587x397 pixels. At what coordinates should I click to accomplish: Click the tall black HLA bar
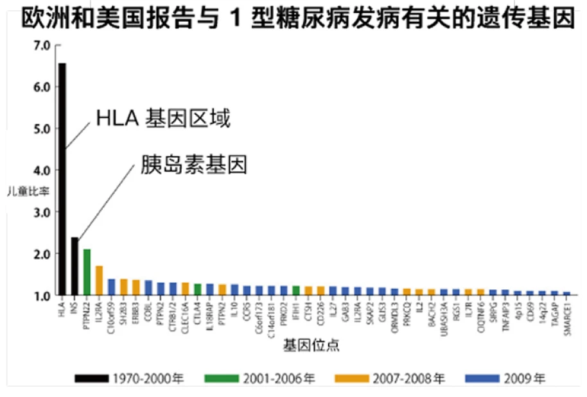click(x=62, y=180)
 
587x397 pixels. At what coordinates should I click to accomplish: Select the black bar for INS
click(x=74, y=266)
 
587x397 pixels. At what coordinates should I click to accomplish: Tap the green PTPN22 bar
click(x=87, y=272)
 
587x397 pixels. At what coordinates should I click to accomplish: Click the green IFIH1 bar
click(x=295, y=290)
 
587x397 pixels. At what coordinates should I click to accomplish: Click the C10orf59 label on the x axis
click(x=111, y=315)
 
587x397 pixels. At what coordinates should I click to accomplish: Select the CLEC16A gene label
click(x=185, y=314)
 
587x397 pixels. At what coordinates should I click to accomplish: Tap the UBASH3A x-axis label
click(x=444, y=315)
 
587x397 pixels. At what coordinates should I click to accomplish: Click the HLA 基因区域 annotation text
click(x=162, y=119)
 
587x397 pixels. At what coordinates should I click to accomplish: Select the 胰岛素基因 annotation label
click(x=194, y=165)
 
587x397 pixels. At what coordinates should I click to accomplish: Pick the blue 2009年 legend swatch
click(x=483, y=378)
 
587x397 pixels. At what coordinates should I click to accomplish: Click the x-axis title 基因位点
click(x=311, y=346)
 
